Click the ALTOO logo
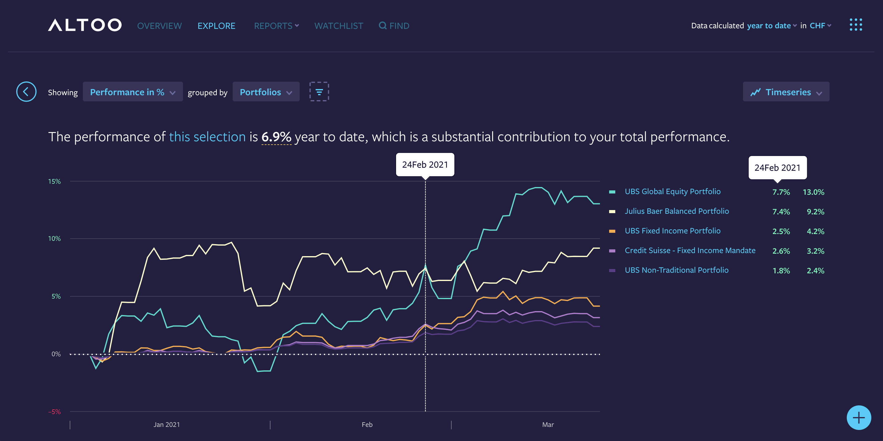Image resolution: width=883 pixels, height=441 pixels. tap(85, 25)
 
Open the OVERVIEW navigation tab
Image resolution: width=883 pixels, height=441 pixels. tap(159, 26)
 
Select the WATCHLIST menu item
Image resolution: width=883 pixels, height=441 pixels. tap(338, 26)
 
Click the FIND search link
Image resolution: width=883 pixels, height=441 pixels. tap(394, 26)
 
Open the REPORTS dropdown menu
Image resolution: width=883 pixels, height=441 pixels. tap(276, 26)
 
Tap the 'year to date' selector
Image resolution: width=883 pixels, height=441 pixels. tap(771, 26)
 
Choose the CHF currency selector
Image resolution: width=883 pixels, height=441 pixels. tap(820, 26)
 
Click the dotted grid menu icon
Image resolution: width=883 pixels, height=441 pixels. tap(856, 25)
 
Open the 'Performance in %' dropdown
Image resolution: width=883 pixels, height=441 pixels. tap(133, 92)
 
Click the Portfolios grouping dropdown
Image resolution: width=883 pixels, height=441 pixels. tap(266, 92)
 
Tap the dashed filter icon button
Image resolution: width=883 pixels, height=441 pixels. tap(319, 92)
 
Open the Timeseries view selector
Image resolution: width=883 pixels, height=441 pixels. tap(786, 92)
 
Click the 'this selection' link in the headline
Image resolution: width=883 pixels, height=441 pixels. tap(207, 137)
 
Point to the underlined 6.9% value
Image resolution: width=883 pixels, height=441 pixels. tap(276, 137)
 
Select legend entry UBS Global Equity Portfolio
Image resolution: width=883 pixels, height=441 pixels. tap(672, 191)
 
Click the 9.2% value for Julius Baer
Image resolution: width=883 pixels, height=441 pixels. tap(815, 212)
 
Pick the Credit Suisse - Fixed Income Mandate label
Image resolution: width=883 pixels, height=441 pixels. tap(690, 250)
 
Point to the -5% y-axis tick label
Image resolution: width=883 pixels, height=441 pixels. tap(55, 412)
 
